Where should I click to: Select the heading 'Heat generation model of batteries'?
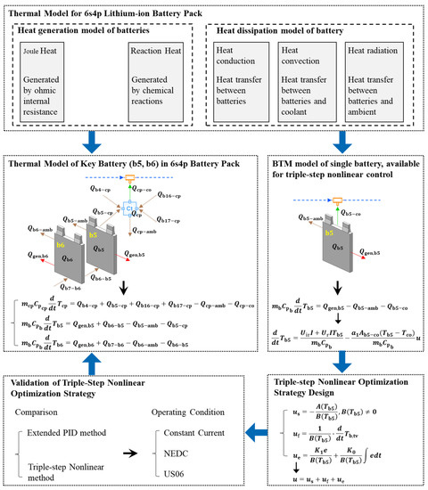coord(99,30)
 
